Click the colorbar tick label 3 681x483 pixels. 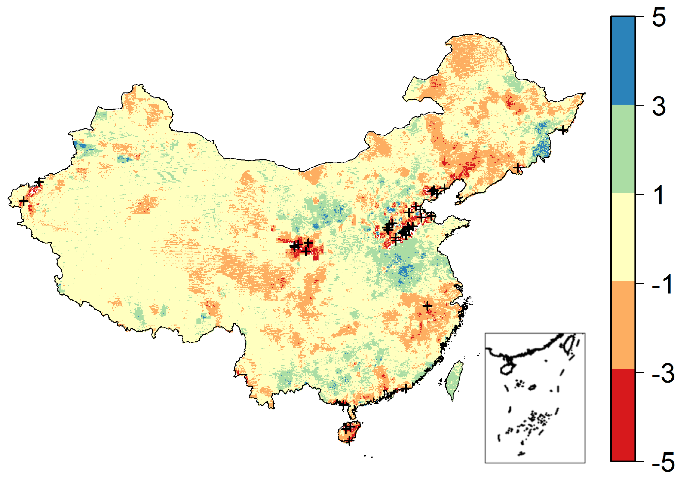(659, 106)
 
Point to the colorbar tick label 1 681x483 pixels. (659, 195)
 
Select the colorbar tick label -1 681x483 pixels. (662, 284)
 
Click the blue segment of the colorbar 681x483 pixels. (623, 60)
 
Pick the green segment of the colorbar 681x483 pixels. (623, 149)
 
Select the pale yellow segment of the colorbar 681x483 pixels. (623, 237)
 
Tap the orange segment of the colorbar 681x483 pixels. (623, 326)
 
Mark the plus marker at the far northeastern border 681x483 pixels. (563, 130)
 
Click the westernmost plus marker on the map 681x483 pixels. (23, 201)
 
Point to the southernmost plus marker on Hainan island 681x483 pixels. (349, 440)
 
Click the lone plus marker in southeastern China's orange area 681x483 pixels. (427, 305)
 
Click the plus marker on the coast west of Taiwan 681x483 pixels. (406, 388)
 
